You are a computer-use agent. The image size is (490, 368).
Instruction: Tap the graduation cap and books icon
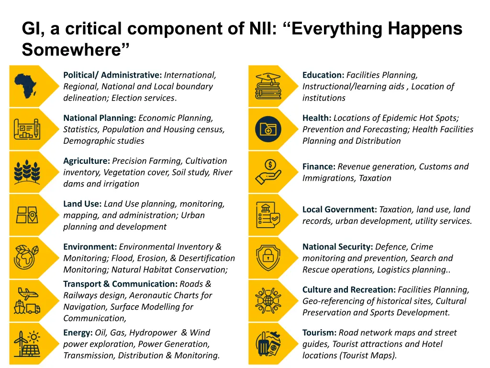(x=268, y=86)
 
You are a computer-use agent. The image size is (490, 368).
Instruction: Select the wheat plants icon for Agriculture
(x=28, y=172)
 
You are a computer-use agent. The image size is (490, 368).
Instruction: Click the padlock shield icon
(x=268, y=258)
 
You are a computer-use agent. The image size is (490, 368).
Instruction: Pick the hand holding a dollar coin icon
(x=268, y=172)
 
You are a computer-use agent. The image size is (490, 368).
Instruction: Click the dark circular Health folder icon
(x=268, y=129)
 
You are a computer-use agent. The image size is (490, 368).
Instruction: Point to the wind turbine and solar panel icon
(x=28, y=344)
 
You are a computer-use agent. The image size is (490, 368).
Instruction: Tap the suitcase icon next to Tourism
(x=268, y=344)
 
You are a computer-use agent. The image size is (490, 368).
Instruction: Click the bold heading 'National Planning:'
(x=100, y=118)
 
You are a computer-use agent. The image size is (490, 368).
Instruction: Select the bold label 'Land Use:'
(x=82, y=204)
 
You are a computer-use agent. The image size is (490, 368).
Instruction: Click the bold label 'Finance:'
(x=319, y=167)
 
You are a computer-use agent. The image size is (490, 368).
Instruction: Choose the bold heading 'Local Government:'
(x=340, y=209)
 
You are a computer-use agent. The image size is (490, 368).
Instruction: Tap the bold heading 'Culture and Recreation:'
(x=349, y=290)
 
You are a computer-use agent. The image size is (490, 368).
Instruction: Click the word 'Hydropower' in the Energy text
(x=154, y=333)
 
